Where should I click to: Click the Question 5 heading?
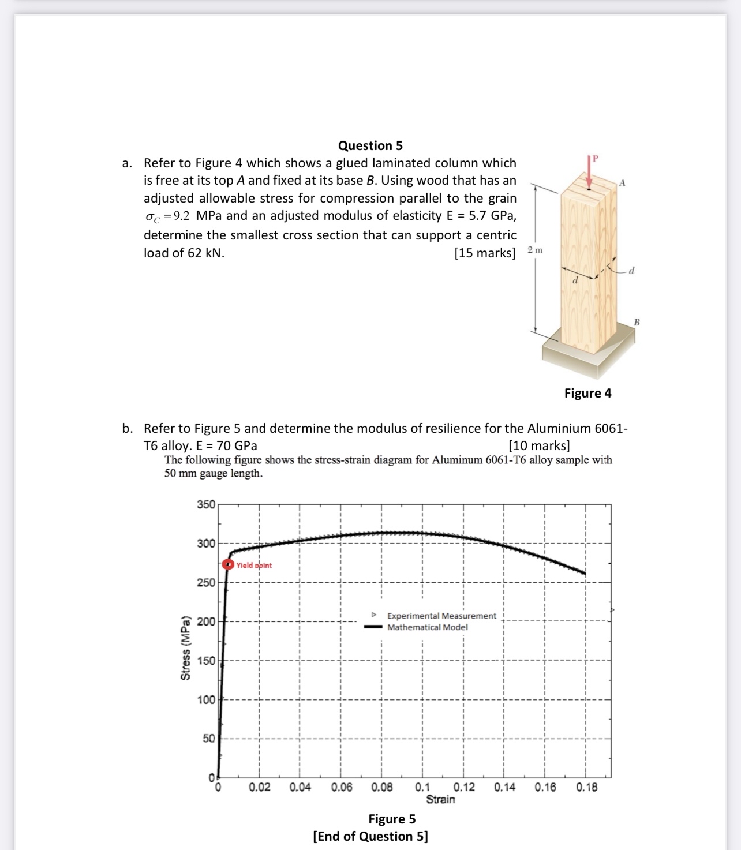point(370,145)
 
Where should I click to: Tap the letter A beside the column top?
point(622,183)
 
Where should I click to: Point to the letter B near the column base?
point(637,321)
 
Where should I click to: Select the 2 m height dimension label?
point(535,250)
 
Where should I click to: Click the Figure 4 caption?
point(587,393)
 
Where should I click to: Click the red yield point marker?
point(229,564)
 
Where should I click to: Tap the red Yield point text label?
point(254,566)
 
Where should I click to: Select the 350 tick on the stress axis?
point(206,504)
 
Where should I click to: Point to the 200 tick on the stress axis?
point(206,621)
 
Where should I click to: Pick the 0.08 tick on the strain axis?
point(382,787)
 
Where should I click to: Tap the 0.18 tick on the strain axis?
point(586,787)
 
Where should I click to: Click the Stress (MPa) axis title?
point(185,649)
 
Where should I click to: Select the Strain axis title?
point(440,800)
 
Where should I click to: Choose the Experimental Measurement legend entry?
point(441,616)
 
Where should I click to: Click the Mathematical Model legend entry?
point(427,627)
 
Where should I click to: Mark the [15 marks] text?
point(485,253)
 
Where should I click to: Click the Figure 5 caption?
point(392,819)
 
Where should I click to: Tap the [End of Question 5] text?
point(370,836)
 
